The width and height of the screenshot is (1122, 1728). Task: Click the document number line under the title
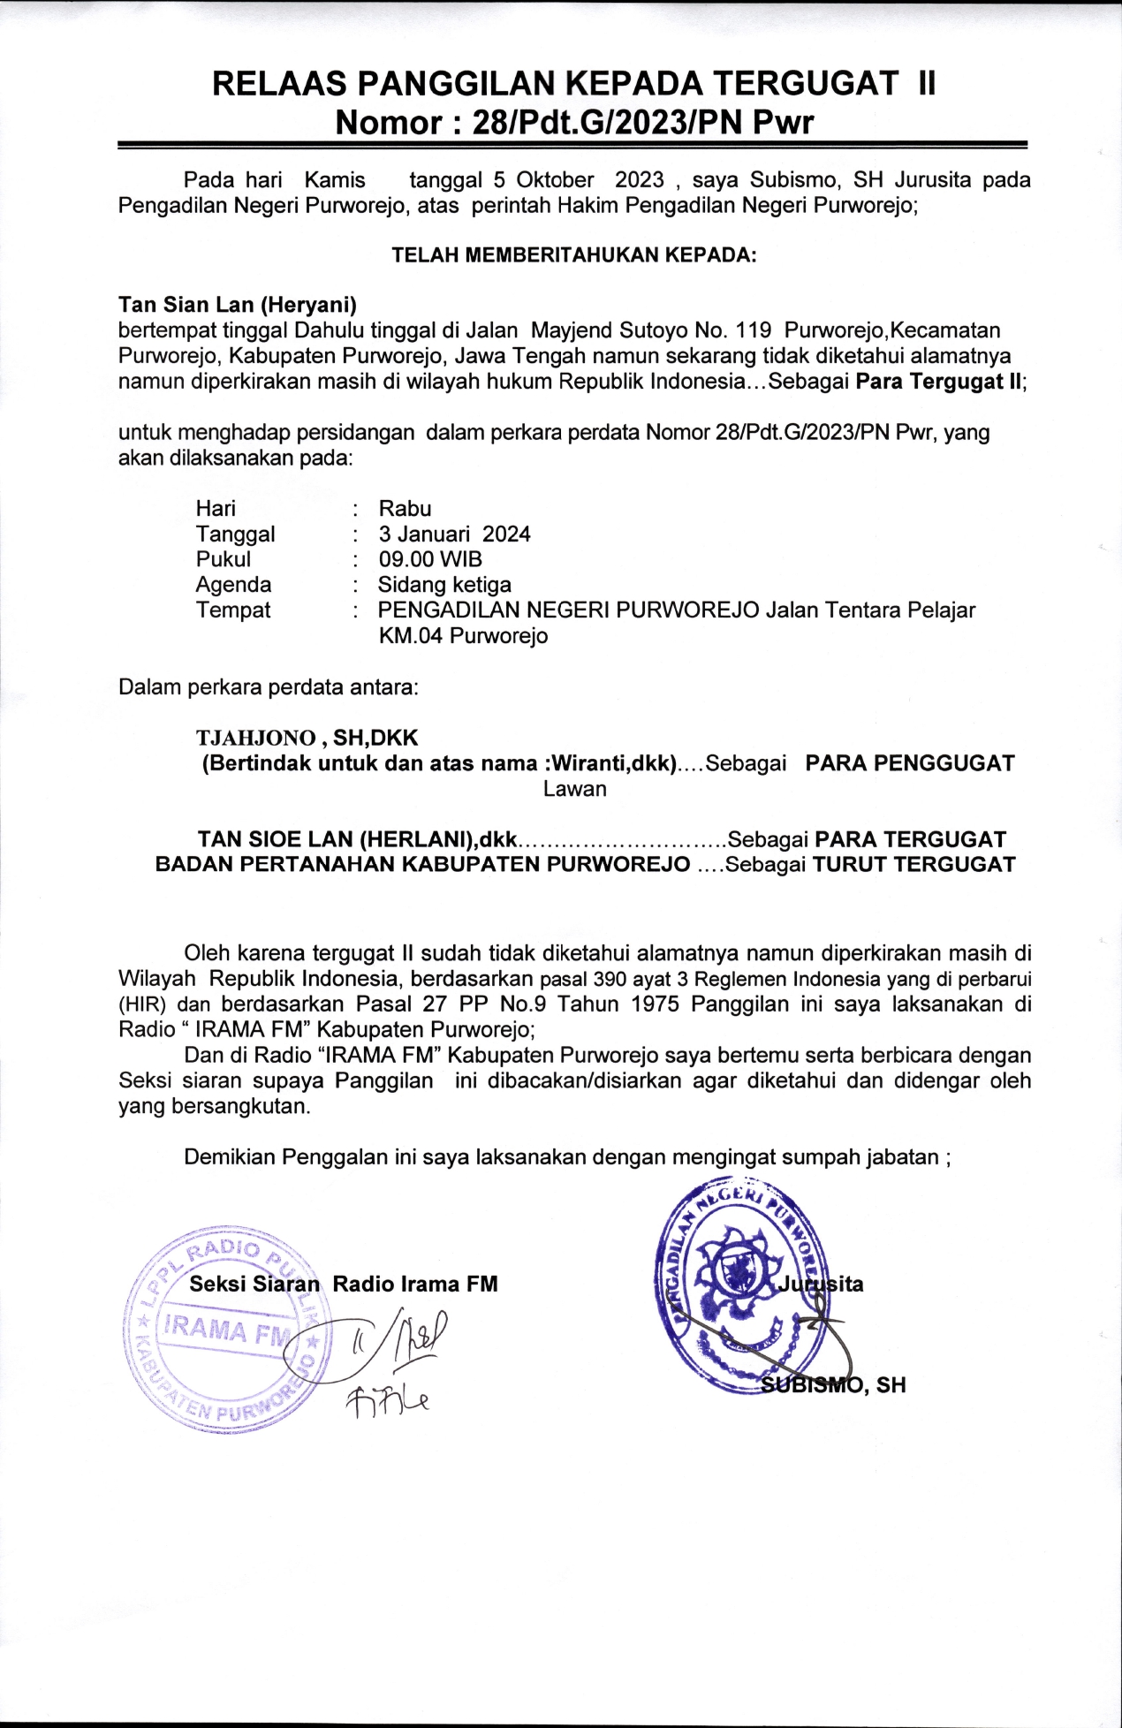click(573, 122)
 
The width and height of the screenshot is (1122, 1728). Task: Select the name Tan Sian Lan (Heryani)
click(238, 306)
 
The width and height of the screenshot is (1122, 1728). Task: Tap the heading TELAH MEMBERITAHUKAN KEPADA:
click(574, 255)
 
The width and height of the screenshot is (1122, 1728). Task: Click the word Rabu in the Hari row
click(405, 509)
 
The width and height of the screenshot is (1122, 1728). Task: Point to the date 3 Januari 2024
click(454, 534)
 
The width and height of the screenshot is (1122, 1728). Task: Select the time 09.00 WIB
click(430, 559)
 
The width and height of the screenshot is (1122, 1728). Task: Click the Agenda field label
click(233, 585)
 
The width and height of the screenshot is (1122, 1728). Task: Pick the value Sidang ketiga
click(444, 585)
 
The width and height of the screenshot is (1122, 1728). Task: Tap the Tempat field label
click(233, 610)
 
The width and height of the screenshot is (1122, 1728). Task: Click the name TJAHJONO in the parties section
click(255, 738)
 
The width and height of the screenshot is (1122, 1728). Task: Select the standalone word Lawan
click(574, 789)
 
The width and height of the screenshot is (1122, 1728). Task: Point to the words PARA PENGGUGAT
click(910, 763)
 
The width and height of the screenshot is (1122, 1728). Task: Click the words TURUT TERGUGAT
click(914, 865)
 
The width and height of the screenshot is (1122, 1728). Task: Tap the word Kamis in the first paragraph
click(335, 180)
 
